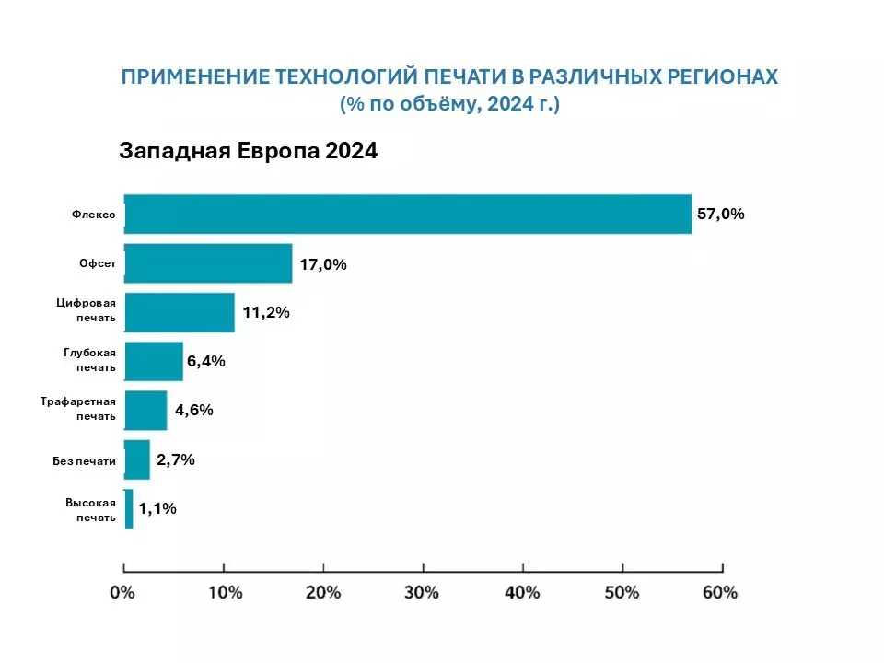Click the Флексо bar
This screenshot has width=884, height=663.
[x=408, y=215]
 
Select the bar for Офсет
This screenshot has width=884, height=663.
[x=208, y=263]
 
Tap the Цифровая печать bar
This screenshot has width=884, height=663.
[x=180, y=312]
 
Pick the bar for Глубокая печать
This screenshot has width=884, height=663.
[x=154, y=361]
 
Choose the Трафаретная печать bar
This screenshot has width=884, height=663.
[x=145, y=410]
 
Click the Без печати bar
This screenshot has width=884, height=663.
[x=137, y=459]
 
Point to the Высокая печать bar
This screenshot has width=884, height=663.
[x=129, y=508]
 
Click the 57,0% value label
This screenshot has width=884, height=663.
[x=720, y=215]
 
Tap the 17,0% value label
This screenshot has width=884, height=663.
[x=322, y=264]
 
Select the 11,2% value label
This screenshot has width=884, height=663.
[x=266, y=313]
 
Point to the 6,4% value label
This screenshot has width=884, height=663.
[x=206, y=361]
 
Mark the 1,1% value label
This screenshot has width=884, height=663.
[x=157, y=508]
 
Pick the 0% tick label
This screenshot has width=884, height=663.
[x=123, y=592]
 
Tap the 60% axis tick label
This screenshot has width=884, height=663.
[x=721, y=592]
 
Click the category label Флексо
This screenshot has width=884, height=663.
[x=94, y=215]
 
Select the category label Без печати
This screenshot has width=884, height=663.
[x=85, y=460]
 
